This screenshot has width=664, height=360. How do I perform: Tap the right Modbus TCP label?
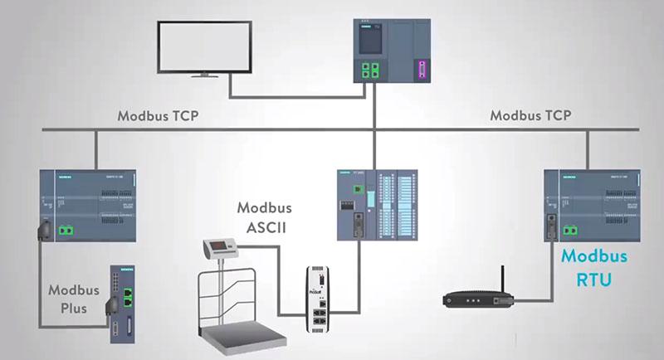[530, 116]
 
